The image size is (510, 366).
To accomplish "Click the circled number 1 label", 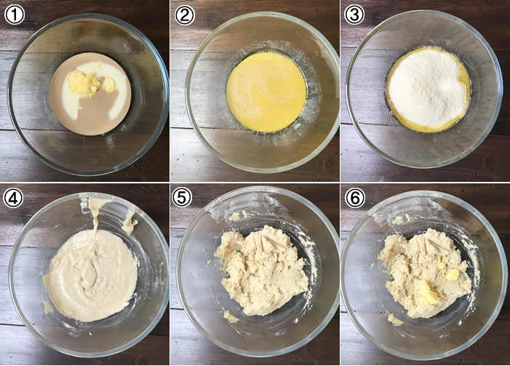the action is [x=15, y=15].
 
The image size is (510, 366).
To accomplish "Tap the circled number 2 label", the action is [x=184, y=15].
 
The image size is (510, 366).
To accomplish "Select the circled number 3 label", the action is [x=354, y=15].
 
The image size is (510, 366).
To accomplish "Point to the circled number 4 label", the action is [x=13, y=197].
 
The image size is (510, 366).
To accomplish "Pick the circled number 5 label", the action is [x=182, y=197].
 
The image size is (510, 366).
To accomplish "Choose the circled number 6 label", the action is [x=355, y=197].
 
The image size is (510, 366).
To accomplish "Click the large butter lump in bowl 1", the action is [x=84, y=83].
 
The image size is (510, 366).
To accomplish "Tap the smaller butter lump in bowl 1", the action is [x=109, y=84].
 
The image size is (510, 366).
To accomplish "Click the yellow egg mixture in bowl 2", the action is [x=266, y=92].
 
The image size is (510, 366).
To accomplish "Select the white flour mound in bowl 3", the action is [x=428, y=88].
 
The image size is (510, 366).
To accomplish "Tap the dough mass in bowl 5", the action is [x=262, y=270].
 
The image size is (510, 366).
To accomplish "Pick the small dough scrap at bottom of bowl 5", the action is [x=231, y=317].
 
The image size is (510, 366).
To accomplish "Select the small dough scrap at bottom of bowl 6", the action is [x=395, y=319].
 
